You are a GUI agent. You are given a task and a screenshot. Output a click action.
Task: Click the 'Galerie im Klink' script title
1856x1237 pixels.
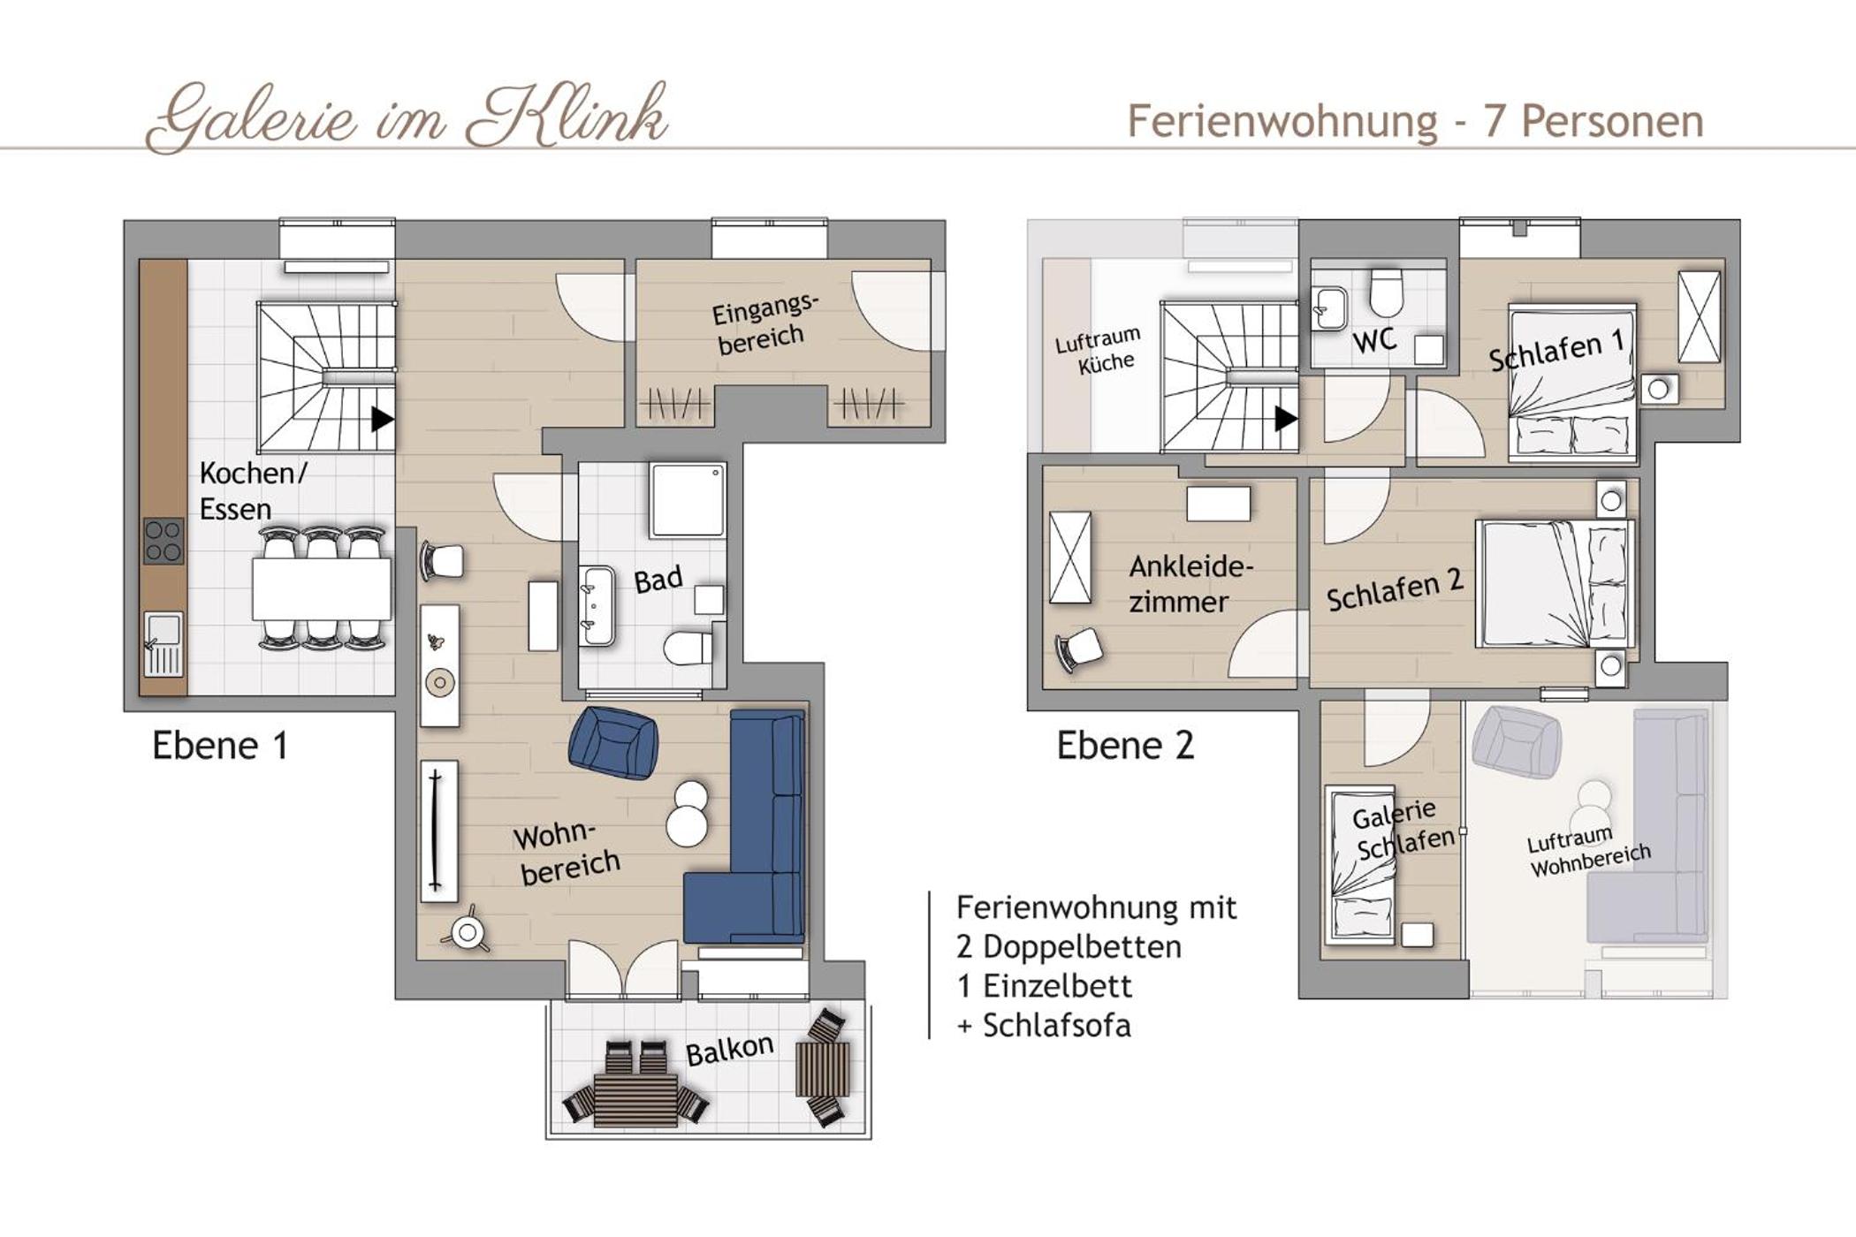(407, 117)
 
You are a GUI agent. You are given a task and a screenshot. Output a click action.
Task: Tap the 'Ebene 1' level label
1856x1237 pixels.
(220, 746)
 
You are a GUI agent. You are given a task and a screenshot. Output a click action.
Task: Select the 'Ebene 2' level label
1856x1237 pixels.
(1125, 746)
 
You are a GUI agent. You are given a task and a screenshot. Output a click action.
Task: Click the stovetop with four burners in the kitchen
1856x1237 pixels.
(164, 542)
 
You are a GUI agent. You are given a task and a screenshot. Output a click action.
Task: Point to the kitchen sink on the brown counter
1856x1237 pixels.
(164, 644)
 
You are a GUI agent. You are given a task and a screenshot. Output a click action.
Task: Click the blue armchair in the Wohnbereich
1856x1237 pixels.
(613, 742)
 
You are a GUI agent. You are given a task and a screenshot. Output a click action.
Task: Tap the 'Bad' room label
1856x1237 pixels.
(658, 580)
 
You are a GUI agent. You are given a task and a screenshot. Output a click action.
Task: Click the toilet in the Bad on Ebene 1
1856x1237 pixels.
(688, 648)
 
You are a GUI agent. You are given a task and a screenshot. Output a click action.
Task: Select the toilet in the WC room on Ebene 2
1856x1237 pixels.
(1387, 292)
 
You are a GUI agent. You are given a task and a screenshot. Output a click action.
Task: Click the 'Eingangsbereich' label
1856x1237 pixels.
(764, 323)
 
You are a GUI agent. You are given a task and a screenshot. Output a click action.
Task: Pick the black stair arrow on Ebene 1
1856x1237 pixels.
(383, 419)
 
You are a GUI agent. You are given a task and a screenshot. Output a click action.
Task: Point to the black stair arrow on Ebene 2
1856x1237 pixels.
(1286, 419)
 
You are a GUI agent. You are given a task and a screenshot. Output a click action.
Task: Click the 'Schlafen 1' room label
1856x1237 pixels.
(1557, 351)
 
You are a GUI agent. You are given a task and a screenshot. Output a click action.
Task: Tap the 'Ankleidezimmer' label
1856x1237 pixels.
(1190, 584)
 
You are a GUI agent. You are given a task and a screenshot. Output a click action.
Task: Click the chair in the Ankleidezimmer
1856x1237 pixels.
(1079, 650)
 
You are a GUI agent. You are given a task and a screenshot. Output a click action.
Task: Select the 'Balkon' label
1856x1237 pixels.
(730, 1050)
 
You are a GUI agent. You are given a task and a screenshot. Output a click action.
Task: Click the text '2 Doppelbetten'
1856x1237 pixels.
(1069, 946)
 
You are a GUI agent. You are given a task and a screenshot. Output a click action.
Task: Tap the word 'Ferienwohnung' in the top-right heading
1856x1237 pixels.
(1282, 121)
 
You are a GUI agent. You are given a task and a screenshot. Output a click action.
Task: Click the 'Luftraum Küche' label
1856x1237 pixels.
(1099, 351)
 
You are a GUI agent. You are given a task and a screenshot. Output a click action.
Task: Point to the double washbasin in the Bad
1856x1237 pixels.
(597, 605)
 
